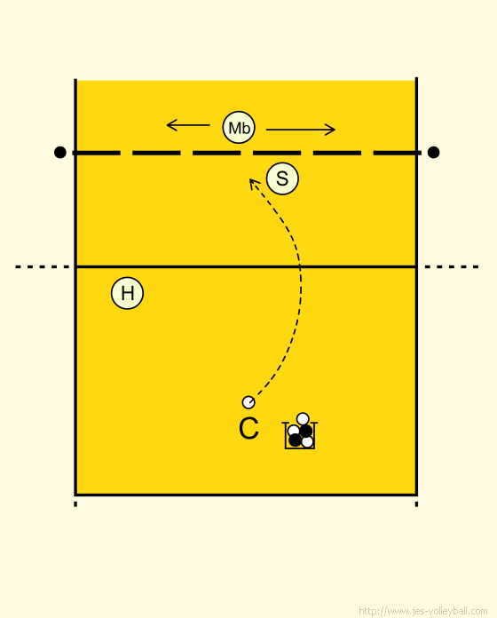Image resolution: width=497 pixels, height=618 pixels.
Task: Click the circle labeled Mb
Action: pyautogui.click(x=239, y=127)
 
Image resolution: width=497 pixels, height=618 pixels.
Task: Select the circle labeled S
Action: pyautogui.click(x=282, y=178)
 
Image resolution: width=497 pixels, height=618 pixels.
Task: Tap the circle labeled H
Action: pyautogui.click(x=127, y=293)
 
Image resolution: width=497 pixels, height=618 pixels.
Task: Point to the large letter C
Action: pyautogui.click(x=248, y=428)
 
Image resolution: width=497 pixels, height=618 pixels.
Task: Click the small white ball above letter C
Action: pyautogui.click(x=248, y=402)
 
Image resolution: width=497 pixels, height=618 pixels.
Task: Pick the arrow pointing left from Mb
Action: pyautogui.click(x=188, y=125)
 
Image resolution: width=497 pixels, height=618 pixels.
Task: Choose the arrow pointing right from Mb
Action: pyautogui.click(x=301, y=130)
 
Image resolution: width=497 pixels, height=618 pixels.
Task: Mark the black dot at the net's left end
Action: pyautogui.click(x=59, y=152)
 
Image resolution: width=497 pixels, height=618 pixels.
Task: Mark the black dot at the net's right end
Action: pyautogui.click(x=433, y=152)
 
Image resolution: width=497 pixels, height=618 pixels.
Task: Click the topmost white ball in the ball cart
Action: pyautogui.click(x=303, y=418)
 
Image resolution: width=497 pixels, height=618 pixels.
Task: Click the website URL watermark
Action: pyautogui.click(x=423, y=611)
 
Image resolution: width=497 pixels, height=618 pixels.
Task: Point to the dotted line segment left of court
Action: pyautogui.click(x=42, y=267)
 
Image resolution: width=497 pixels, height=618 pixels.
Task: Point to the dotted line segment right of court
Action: pyautogui.click(x=452, y=267)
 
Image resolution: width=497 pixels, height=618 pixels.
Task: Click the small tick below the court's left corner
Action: pyautogui.click(x=75, y=504)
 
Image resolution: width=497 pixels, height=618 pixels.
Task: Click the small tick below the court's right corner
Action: pyautogui.click(x=416, y=504)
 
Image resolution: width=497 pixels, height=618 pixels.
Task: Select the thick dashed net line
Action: pyautogui.click(x=247, y=153)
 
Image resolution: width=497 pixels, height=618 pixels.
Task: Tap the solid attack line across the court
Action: pyautogui.click(x=246, y=267)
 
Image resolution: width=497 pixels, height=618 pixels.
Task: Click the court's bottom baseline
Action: pyautogui.click(x=246, y=495)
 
